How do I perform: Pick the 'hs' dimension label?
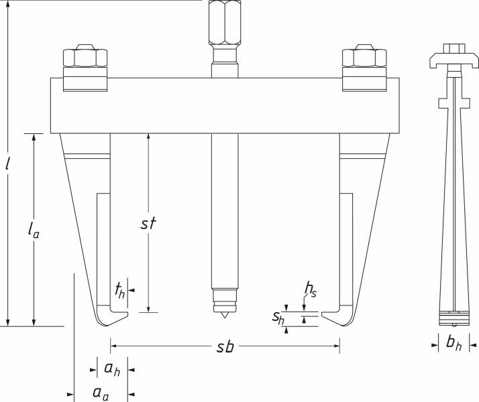click(310, 289)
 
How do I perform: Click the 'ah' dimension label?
click(111, 368)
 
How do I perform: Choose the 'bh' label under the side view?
click(454, 344)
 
